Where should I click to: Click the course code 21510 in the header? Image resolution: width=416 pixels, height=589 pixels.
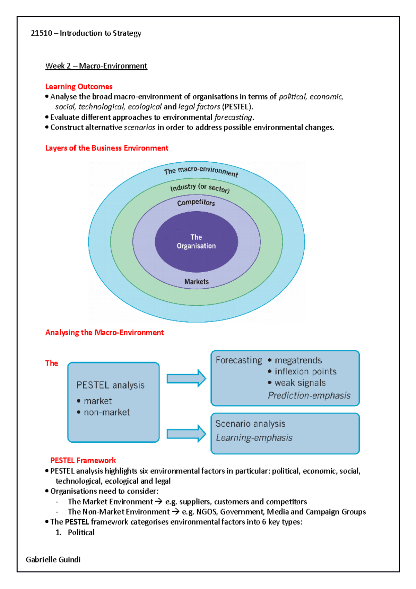pyautogui.click(x=41, y=33)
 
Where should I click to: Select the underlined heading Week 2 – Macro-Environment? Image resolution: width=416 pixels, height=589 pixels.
pyautogui.click(x=96, y=66)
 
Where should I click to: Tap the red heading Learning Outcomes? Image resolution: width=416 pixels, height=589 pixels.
pyautogui.click(x=79, y=87)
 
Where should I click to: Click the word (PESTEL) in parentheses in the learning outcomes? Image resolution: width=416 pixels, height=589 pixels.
pyautogui.click(x=237, y=107)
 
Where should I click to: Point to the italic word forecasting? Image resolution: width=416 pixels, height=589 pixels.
pyautogui.click(x=233, y=117)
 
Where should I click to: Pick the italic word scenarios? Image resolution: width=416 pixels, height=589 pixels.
pyautogui.click(x=139, y=128)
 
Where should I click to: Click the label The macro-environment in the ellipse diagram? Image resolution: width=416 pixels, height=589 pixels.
pyautogui.click(x=201, y=171)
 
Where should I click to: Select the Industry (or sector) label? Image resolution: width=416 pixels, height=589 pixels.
pyautogui.click(x=200, y=188)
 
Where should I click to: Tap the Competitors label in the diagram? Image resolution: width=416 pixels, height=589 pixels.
pyautogui.click(x=196, y=203)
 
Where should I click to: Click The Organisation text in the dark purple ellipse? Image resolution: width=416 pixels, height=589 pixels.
pyautogui.click(x=196, y=241)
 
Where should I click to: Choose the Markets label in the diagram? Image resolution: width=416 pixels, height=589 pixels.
pyautogui.click(x=196, y=282)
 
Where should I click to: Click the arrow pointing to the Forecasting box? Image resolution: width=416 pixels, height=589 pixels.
pyautogui.click(x=186, y=378)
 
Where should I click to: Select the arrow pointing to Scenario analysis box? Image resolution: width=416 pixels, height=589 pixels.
pyautogui.click(x=186, y=434)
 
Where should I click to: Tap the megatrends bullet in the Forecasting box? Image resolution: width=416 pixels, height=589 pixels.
pyautogui.click(x=298, y=360)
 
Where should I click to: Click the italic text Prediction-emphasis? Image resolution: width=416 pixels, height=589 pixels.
pyautogui.click(x=309, y=395)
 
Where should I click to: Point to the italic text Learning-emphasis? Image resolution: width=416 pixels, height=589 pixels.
pyautogui.click(x=254, y=438)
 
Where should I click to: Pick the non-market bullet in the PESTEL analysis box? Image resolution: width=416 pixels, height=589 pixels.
pyautogui.click(x=106, y=412)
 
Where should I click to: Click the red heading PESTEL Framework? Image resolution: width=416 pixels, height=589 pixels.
pyautogui.click(x=83, y=460)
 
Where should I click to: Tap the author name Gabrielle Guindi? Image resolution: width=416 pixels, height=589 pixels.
pyautogui.click(x=53, y=560)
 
